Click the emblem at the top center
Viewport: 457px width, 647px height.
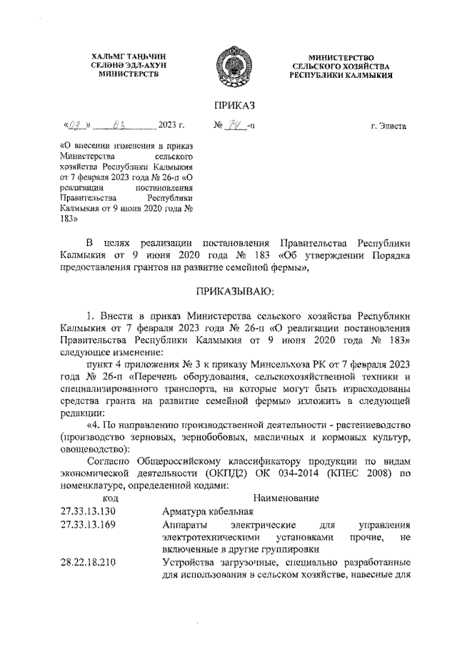click(228, 65)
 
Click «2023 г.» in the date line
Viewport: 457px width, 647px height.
click(171, 127)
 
